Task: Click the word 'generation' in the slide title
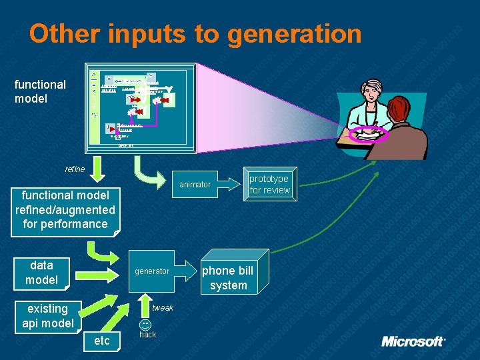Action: [294, 34]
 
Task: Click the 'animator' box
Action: [195, 184]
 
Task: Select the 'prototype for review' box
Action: [269, 184]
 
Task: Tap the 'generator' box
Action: [152, 271]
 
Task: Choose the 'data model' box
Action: [41, 273]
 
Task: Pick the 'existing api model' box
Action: [47, 315]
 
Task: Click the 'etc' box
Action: [102, 341]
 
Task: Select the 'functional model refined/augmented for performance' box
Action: [65, 210]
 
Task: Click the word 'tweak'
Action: [163, 308]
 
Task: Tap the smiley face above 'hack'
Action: [145, 325]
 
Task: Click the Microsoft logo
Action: [413, 341]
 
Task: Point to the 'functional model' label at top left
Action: [40, 91]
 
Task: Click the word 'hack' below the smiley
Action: [147, 335]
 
